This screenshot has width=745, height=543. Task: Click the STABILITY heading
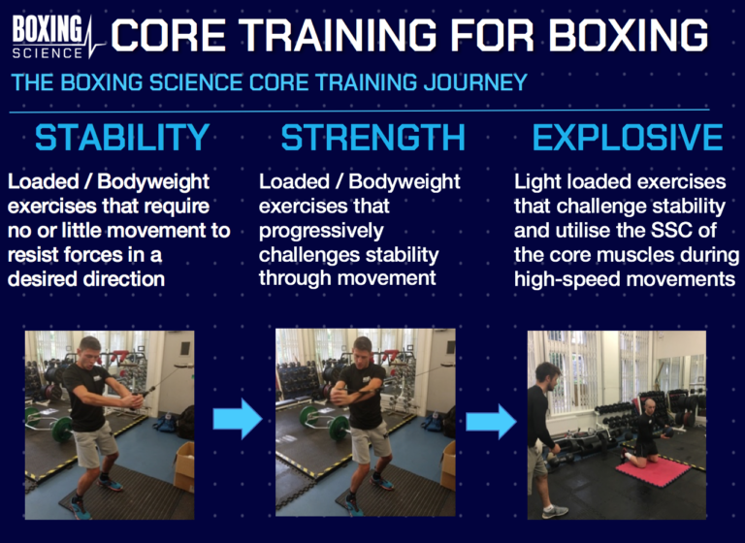pyautogui.click(x=121, y=138)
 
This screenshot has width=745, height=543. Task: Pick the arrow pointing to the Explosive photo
pyautogui.click(x=491, y=420)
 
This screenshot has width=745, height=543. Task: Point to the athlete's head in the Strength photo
pyautogui.click(x=363, y=350)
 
